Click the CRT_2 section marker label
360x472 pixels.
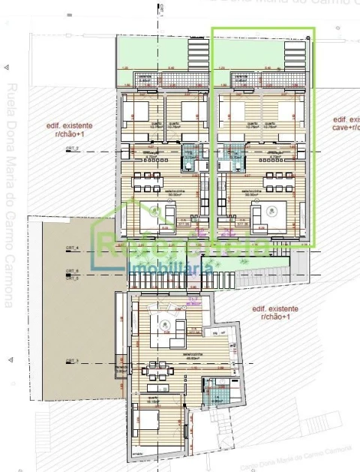point(73,150)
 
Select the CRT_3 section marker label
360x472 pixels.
point(72,361)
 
